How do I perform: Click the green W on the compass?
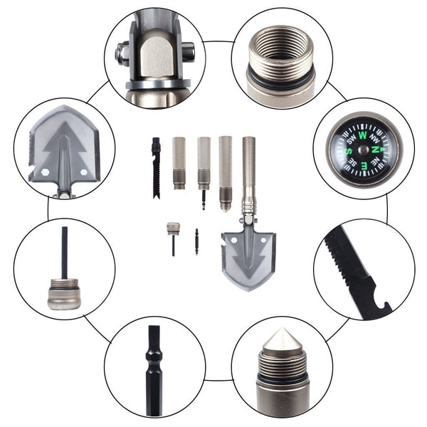click(x=362, y=135)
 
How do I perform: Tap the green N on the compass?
click(x=375, y=149)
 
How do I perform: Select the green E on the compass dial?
click(x=363, y=165)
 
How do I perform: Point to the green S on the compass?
click(x=348, y=151)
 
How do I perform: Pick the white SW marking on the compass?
click(x=352, y=139)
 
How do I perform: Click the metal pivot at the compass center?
click(x=362, y=149)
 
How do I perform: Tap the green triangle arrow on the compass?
click(x=383, y=149)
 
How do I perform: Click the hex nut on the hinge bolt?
click(x=122, y=54)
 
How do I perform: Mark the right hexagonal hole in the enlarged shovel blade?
click(x=84, y=172)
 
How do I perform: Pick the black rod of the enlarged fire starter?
click(x=65, y=253)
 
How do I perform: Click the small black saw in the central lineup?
click(x=156, y=168)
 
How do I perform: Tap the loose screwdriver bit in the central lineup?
click(x=196, y=241)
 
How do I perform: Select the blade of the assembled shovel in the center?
click(x=248, y=259)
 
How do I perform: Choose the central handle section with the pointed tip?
click(x=226, y=174)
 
